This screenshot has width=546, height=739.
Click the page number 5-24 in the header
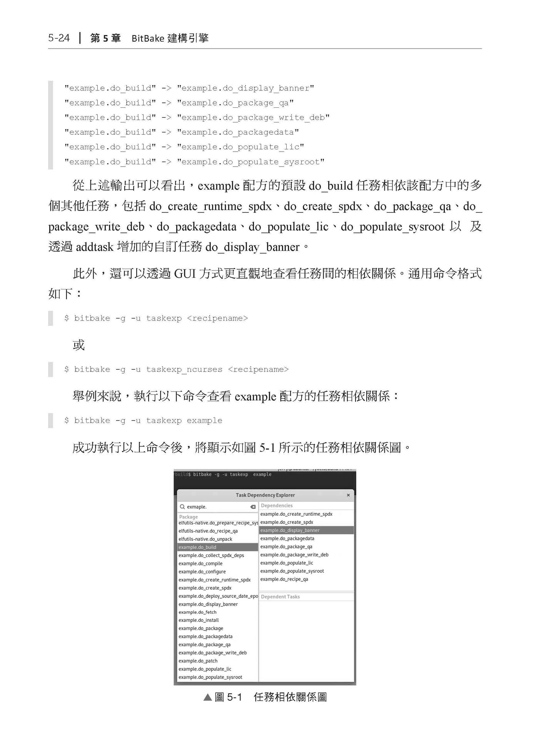pos(59,38)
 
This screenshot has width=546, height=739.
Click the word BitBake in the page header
pos(148,38)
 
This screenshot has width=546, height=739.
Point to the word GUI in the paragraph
pos(185,274)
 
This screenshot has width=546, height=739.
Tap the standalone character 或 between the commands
pos(78,345)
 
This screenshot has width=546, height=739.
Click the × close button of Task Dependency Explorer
pos(348,495)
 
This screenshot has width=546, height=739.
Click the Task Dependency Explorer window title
pos(265,495)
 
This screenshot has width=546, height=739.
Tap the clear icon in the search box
pos(253,507)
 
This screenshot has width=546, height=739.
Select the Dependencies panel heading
pos(277,505)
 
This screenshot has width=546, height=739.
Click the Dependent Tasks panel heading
pos(280,597)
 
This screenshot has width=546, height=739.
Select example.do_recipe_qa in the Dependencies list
pos(284,579)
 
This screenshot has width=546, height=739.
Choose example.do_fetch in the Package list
pos(197,612)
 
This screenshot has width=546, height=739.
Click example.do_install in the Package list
pos(199,620)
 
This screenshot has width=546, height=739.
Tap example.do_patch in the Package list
pos(198,661)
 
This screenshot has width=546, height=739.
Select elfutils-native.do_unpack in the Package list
pos(205,539)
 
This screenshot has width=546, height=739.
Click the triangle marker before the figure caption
pos(208,697)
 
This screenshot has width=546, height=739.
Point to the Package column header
pos(189,517)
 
